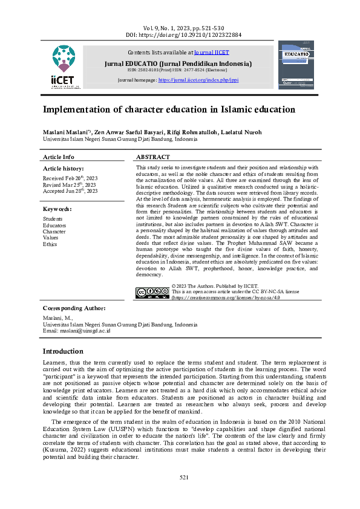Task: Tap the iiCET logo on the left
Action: click(x=64, y=68)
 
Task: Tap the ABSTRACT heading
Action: click(x=154, y=157)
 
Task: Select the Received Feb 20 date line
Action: click(x=70, y=179)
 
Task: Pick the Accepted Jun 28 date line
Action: click(x=70, y=191)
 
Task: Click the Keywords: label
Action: click(x=57, y=209)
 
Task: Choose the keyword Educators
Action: click(x=54, y=225)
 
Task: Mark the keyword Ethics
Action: click(x=50, y=244)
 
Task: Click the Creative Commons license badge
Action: click(x=151, y=293)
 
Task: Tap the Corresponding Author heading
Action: click(x=74, y=308)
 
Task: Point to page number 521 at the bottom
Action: click(x=185, y=478)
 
